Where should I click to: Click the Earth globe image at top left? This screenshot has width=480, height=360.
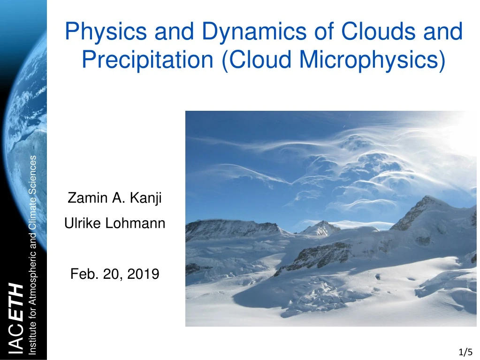(23, 94)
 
